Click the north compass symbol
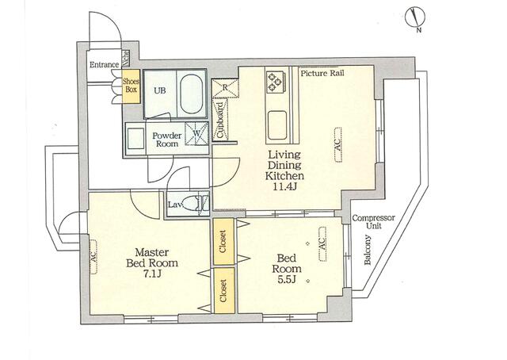point(416,18)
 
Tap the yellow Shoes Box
point(131,86)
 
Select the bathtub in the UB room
point(193,94)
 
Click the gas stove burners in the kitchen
point(276,81)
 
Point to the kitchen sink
point(276,125)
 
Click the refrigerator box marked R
point(225,88)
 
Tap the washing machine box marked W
point(196,133)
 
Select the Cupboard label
point(220,120)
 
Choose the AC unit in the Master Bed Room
point(93,256)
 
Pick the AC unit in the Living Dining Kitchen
point(337,144)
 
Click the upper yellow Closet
point(223,241)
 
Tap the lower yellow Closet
point(223,290)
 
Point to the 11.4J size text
point(284,187)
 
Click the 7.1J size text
point(151,274)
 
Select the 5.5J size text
point(287,279)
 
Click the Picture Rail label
point(322,73)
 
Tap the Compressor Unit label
point(373,221)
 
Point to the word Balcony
point(368,250)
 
